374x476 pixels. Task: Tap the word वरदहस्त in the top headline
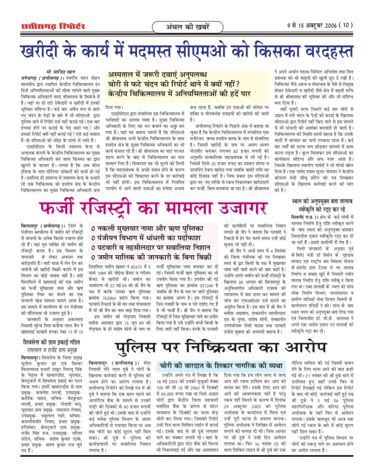[321, 50]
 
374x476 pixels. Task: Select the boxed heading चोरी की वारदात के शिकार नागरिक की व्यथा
[215, 377]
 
